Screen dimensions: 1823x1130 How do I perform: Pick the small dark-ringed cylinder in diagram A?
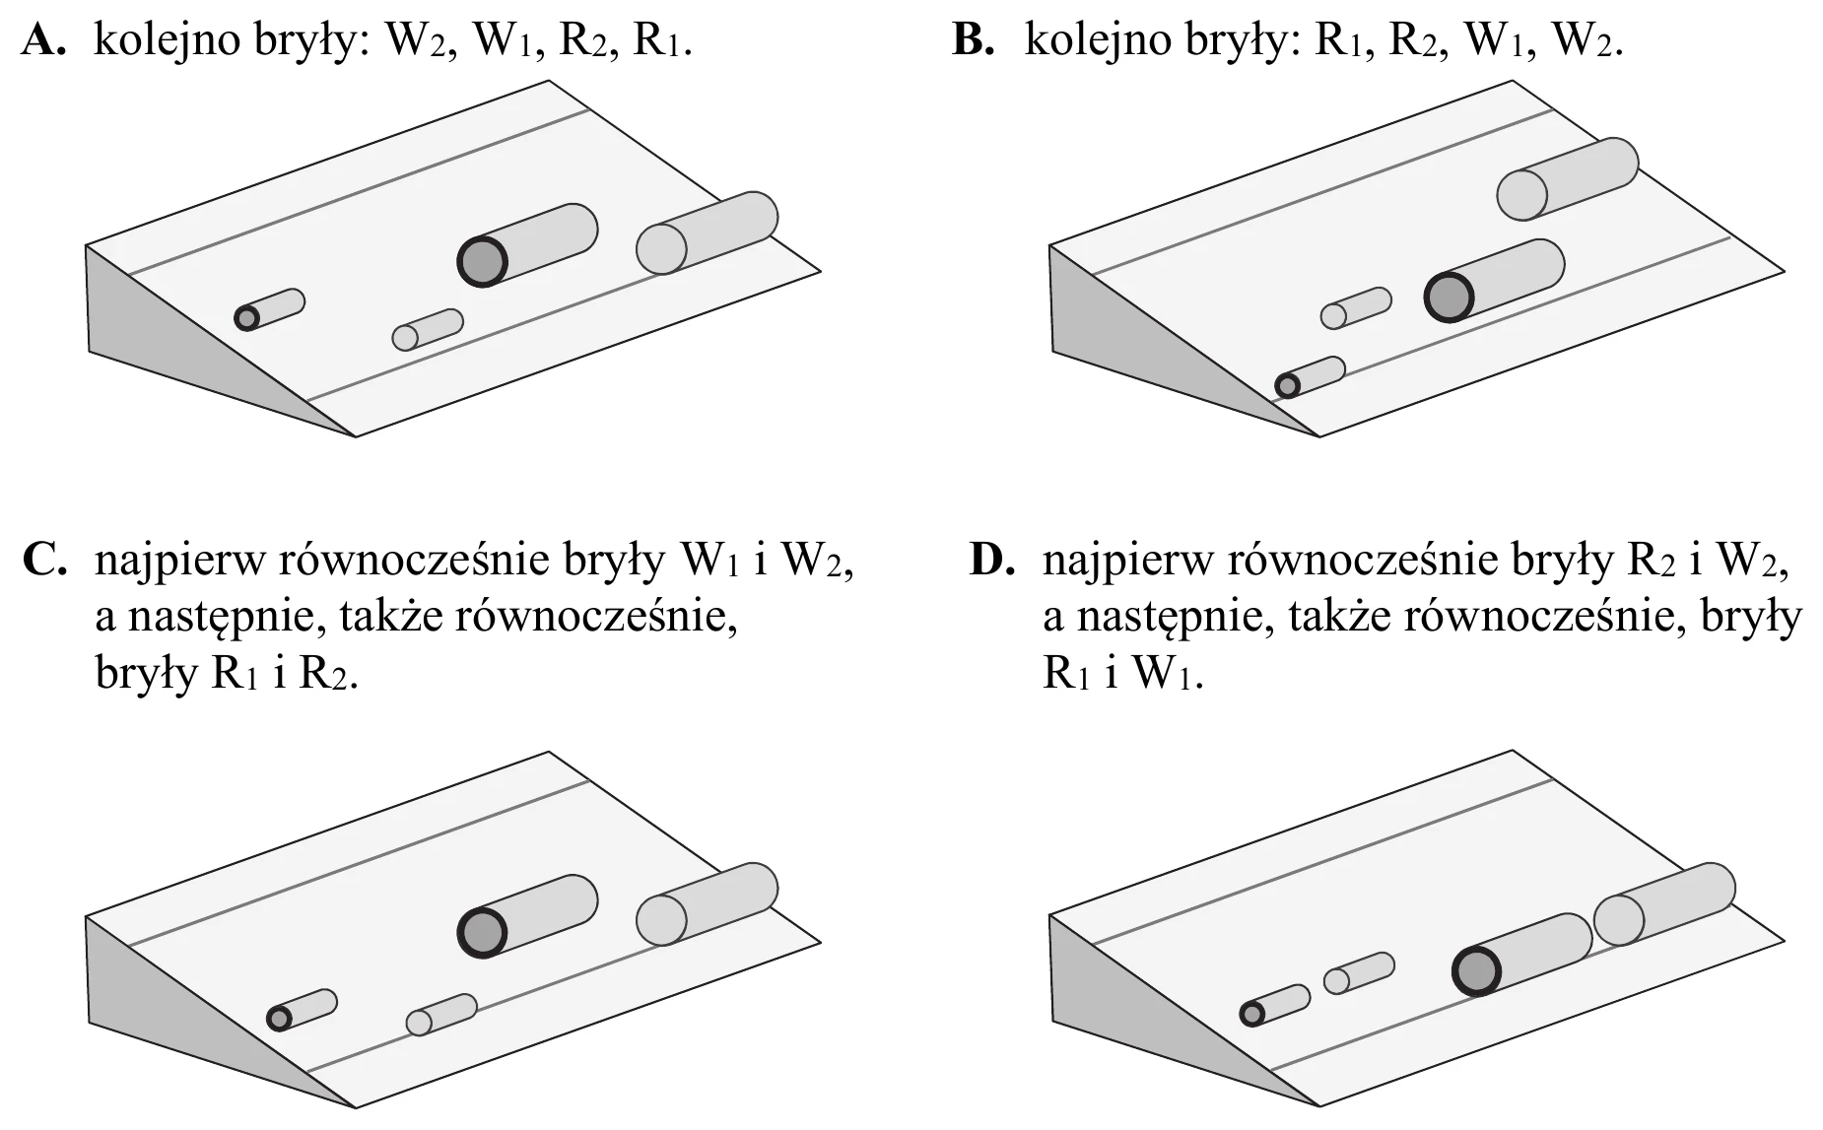point(269,309)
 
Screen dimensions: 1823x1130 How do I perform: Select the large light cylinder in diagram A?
point(707,233)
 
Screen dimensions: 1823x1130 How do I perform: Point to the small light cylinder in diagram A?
point(428,330)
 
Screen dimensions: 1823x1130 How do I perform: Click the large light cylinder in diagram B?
point(1567,178)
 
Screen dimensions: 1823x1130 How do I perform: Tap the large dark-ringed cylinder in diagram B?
point(1494,281)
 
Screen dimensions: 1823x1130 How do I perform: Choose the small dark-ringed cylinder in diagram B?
point(1310,377)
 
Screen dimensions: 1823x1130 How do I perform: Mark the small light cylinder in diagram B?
point(1356,308)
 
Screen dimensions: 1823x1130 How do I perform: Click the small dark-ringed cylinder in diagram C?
point(302,1010)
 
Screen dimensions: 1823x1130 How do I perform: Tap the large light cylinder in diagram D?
point(1663,903)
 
